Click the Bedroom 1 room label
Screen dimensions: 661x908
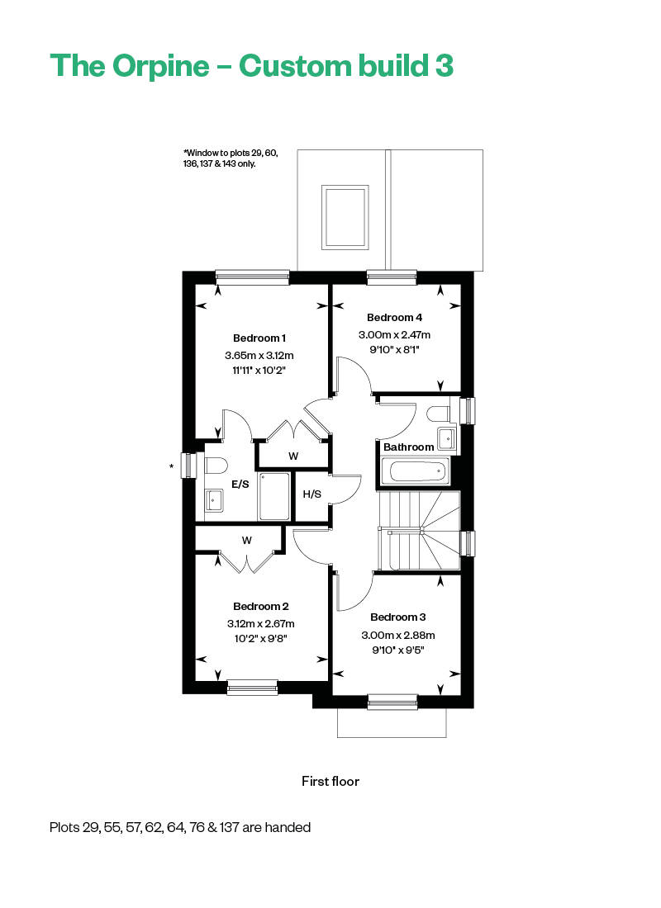[259, 338]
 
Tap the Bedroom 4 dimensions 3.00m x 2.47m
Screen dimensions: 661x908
[394, 334]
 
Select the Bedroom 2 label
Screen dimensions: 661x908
[261, 607]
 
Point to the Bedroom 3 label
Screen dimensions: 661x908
[397, 617]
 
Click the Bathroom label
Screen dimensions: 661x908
[409, 447]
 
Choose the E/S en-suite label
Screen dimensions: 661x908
[240, 484]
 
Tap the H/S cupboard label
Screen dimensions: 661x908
[312, 494]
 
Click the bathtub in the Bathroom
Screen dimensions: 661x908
[415, 471]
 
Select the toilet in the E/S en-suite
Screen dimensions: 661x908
[214, 466]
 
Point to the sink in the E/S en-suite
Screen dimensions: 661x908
[213, 500]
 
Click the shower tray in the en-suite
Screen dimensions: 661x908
[274, 496]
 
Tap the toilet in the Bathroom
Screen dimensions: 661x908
[439, 414]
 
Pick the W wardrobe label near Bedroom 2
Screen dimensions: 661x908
[246, 541]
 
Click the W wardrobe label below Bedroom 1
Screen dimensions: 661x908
[293, 456]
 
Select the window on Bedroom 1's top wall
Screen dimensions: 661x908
[252, 277]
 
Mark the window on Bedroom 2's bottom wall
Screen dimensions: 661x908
[252, 687]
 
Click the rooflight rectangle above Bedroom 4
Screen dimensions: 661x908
[345, 217]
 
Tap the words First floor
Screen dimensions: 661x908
[330, 781]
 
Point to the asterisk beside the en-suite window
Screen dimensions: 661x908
[172, 466]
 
